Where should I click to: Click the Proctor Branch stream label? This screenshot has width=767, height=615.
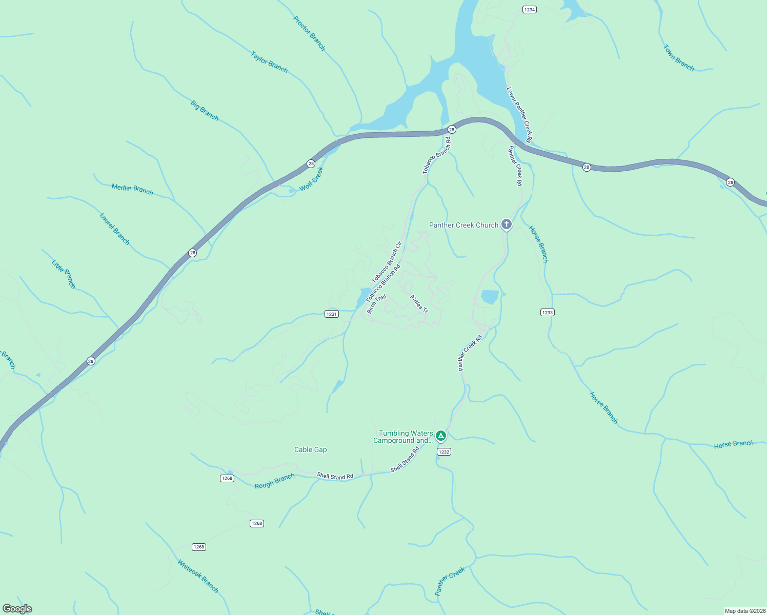(x=309, y=33)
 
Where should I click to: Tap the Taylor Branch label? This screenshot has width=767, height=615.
(x=269, y=62)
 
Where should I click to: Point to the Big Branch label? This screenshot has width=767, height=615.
(x=205, y=111)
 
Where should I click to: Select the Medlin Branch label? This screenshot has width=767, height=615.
(x=132, y=189)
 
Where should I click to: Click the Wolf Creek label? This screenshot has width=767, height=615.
(x=311, y=179)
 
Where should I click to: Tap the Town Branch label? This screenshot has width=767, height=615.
(x=678, y=58)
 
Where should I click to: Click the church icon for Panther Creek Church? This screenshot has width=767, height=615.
(x=506, y=224)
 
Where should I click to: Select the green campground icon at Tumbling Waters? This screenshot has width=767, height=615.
(x=440, y=436)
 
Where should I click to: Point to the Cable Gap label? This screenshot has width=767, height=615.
(x=310, y=449)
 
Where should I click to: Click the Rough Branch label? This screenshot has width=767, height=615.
(x=275, y=481)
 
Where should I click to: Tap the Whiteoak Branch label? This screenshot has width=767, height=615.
(x=198, y=576)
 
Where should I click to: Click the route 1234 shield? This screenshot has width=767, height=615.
(x=529, y=10)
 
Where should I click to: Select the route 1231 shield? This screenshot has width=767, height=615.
(x=332, y=314)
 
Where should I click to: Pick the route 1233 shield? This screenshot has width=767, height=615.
(x=548, y=313)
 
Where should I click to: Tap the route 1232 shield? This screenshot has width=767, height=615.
(x=443, y=452)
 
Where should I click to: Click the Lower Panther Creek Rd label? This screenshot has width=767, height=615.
(x=519, y=115)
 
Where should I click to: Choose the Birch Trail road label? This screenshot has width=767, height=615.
(x=376, y=304)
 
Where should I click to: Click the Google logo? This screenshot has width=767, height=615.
(x=17, y=609)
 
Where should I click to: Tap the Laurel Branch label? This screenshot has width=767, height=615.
(x=114, y=229)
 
